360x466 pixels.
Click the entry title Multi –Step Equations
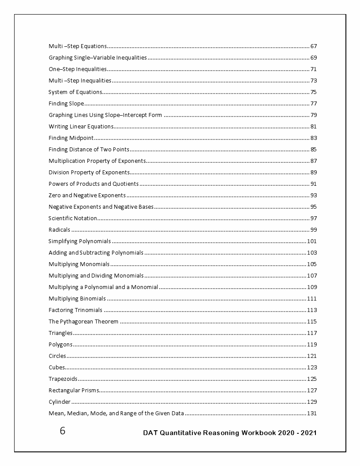(x=78, y=46)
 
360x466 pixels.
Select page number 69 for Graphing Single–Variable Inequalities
(x=314, y=58)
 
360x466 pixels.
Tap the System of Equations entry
(x=75, y=92)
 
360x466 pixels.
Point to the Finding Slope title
(x=66, y=104)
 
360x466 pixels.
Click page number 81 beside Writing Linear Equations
(x=314, y=127)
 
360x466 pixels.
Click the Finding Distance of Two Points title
(x=89, y=150)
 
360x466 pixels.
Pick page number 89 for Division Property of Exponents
(x=314, y=173)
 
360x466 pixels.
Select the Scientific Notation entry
(x=72, y=218)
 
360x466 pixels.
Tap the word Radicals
(x=59, y=230)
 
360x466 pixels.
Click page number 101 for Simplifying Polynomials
(x=312, y=241)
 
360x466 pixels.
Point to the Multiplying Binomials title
(x=77, y=299)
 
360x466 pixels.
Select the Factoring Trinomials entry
(x=75, y=310)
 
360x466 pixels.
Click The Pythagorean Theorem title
(x=83, y=322)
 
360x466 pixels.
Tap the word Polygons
(x=60, y=345)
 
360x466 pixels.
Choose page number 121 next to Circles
(x=312, y=356)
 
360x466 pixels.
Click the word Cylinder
(x=60, y=402)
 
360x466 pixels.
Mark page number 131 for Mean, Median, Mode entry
(x=312, y=413)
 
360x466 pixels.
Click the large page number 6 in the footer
(x=63, y=431)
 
